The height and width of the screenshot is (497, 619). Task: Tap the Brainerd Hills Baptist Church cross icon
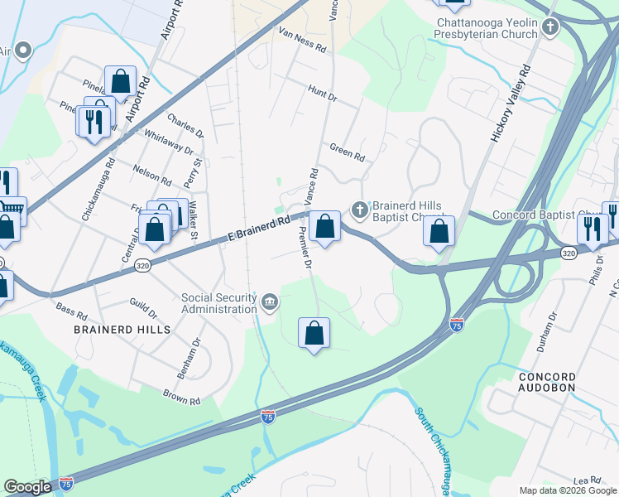[x=359, y=210]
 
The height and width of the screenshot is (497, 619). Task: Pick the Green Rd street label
[x=347, y=151]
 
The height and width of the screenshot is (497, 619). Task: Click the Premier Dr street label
[x=304, y=250]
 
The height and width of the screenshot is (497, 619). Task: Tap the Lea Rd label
[x=587, y=480]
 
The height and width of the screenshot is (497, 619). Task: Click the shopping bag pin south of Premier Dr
[x=314, y=334]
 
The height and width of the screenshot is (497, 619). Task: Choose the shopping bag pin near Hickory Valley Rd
[x=439, y=231]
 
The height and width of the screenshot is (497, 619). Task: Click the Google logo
[x=27, y=487]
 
